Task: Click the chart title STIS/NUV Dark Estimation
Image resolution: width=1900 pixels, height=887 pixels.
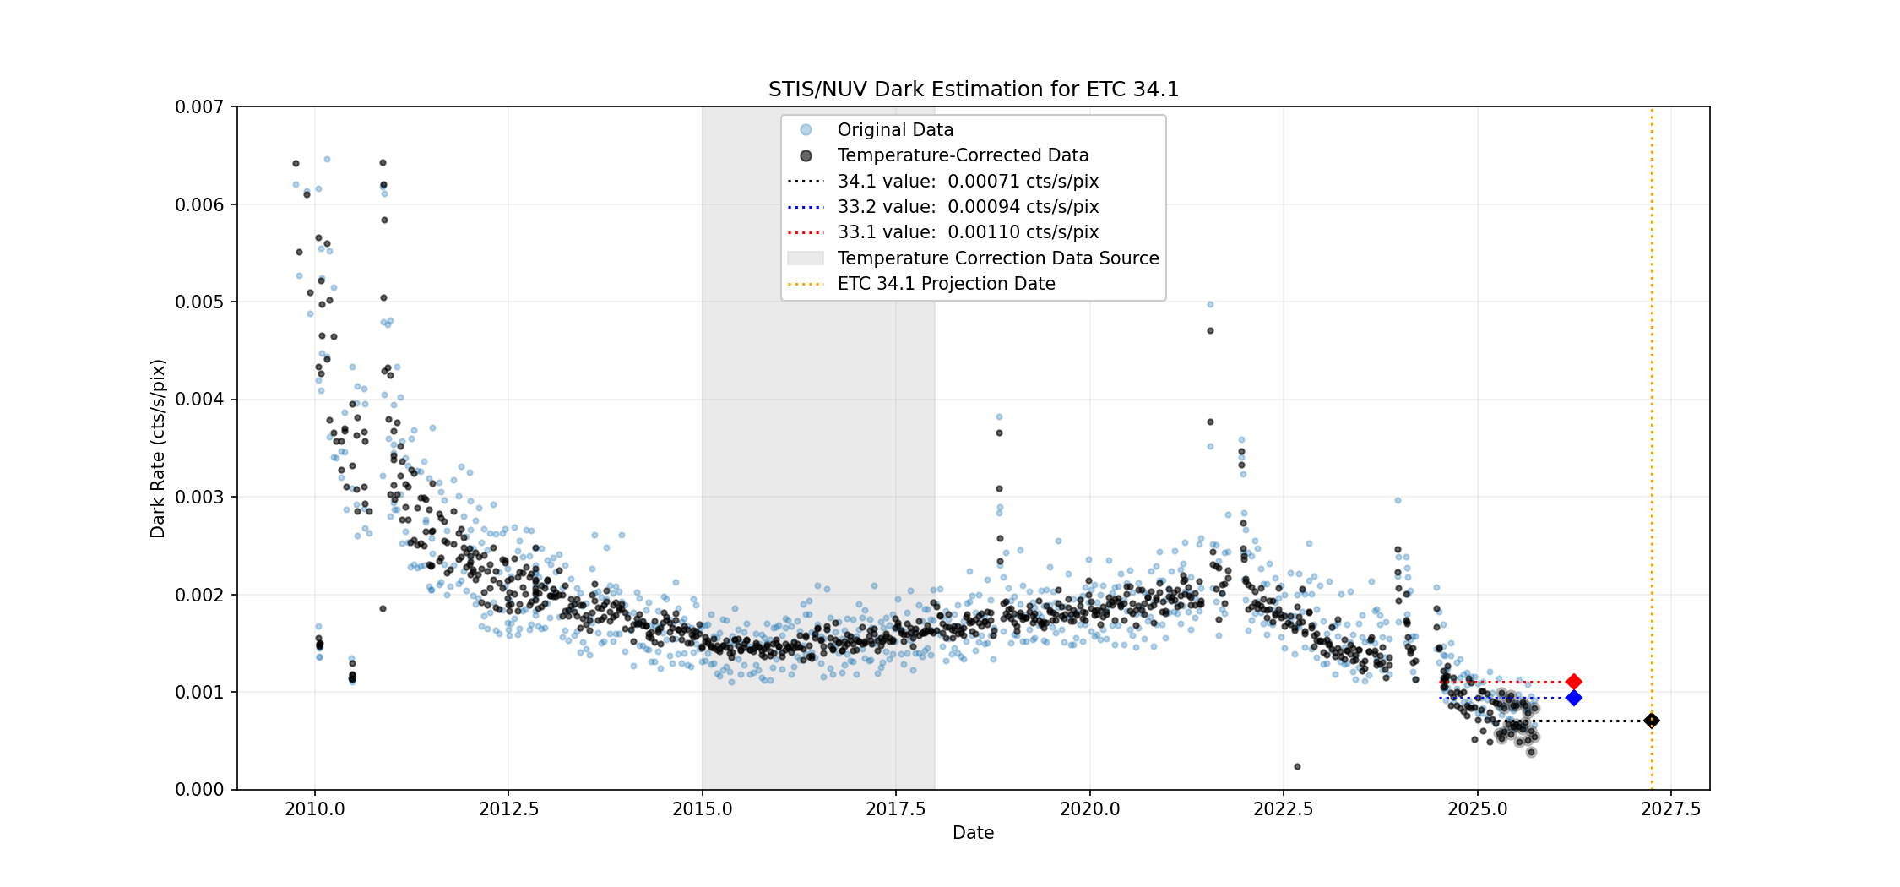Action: click(973, 90)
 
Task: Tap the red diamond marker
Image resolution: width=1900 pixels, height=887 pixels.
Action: click(1573, 682)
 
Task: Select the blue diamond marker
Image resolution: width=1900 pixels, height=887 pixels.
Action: click(1573, 698)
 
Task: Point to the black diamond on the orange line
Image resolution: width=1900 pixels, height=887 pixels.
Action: click(1652, 721)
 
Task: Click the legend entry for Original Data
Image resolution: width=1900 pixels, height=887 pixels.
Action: click(894, 130)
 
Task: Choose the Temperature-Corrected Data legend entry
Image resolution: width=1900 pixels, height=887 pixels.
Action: click(962, 155)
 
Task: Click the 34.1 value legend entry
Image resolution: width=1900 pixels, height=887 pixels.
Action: click(967, 182)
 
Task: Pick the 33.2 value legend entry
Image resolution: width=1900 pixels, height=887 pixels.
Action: click(967, 207)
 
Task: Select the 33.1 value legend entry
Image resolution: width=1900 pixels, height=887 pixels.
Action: click(967, 232)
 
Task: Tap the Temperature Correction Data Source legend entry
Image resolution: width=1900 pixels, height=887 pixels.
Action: click(997, 258)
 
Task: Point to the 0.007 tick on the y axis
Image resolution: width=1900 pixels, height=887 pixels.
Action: click(199, 107)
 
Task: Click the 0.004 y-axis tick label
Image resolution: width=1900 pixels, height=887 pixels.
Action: click(199, 400)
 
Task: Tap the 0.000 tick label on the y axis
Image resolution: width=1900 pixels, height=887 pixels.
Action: click(199, 790)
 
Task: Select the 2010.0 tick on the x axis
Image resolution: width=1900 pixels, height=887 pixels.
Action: click(315, 809)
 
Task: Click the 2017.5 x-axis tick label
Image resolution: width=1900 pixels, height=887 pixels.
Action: click(896, 809)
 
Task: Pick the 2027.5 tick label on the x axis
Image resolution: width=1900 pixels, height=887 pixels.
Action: click(1670, 809)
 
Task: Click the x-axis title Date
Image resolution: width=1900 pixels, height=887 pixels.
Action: click(973, 833)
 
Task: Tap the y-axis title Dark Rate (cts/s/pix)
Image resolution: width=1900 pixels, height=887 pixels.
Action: click(158, 449)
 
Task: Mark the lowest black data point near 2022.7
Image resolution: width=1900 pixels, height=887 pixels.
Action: click(1297, 767)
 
